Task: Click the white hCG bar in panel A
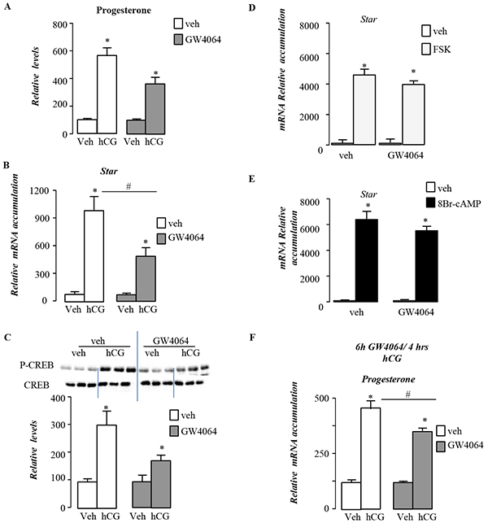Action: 107,94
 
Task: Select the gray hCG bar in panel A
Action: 155,109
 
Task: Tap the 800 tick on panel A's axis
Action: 60,24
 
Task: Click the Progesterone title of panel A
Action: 124,11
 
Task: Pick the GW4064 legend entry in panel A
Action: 198,40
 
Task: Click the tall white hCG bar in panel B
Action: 94,256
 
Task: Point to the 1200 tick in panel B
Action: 39,191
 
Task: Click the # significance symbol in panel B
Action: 129,186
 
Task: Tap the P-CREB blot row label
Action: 37,365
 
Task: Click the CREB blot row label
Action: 37,385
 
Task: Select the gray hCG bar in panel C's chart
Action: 161,484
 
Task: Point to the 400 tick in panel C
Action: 59,398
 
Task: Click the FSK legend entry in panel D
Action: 436,50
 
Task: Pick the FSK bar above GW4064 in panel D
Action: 413,115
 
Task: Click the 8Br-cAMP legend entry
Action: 453,203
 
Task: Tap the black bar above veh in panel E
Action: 367,260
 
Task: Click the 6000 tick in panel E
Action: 310,229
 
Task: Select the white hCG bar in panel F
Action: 371,458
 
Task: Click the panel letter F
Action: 253,338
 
